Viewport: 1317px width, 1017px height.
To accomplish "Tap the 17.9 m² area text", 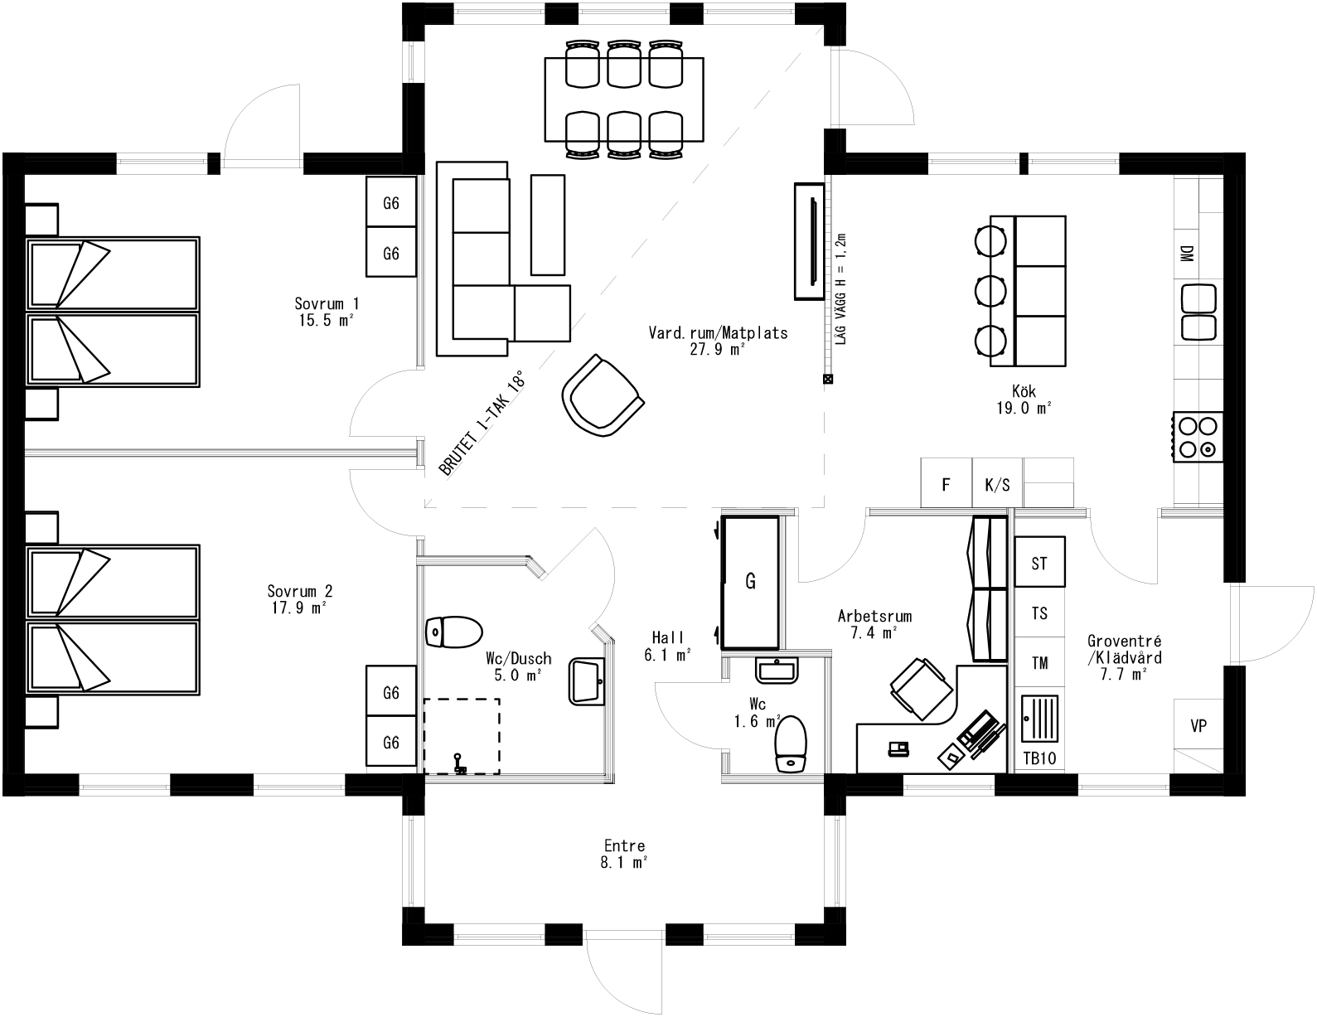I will (299, 608).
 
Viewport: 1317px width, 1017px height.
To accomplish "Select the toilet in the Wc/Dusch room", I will (453, 632).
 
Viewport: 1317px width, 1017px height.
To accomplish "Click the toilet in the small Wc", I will (791, 743).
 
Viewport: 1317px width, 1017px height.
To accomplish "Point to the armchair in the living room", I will (603, 395).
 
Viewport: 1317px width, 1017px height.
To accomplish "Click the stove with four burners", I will (1198, 437).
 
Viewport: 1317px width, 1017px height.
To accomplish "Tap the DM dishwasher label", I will (1186, 254).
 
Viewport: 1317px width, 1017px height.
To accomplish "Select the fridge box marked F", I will (946, 484).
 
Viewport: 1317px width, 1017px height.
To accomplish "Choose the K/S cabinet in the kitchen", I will (997, 484).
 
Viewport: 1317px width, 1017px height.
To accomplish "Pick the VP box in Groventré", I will (1198, 726).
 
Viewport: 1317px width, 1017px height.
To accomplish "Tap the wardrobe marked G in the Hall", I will (750, 582).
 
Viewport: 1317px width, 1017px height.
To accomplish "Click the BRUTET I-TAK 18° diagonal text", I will (482, 424).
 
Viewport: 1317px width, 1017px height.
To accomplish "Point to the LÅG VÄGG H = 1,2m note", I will (840, 288).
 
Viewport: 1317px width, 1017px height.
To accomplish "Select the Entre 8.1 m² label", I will (624, 854).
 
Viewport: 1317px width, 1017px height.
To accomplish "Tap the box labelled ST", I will (1039, 564).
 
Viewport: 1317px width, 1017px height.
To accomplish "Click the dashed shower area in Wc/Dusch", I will (462, 735).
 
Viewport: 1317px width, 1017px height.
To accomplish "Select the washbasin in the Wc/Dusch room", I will (589, 681).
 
